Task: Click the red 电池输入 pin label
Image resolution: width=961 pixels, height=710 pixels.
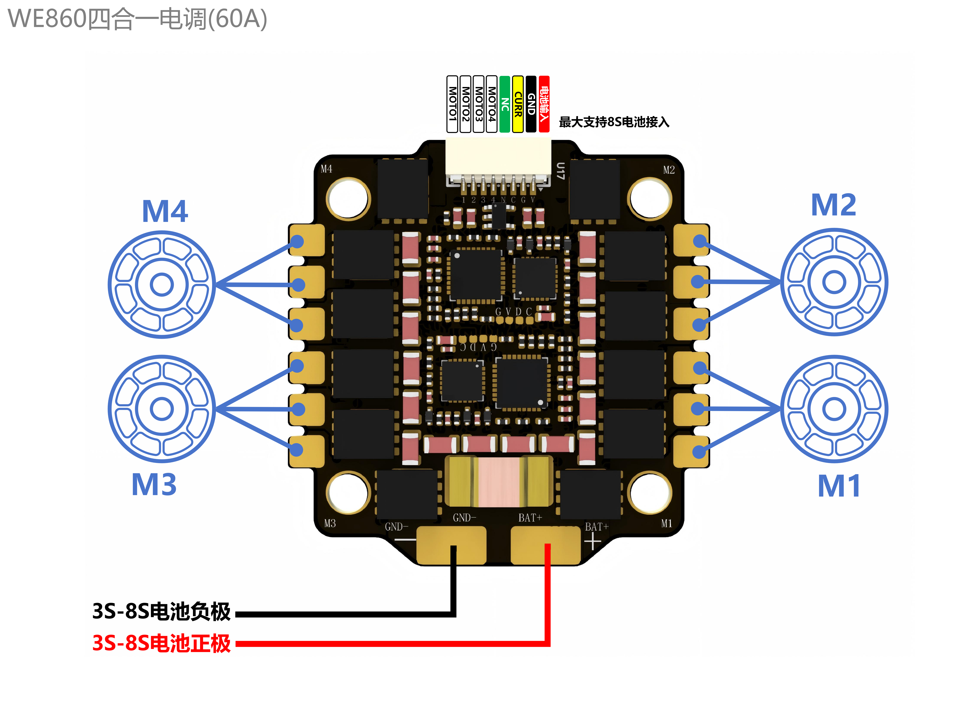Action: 544,104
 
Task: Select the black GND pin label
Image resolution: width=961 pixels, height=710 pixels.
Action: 531,104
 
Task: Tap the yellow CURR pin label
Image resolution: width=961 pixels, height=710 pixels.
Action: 518,104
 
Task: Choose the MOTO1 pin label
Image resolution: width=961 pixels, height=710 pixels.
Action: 452,104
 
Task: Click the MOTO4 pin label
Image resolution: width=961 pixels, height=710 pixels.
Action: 492,104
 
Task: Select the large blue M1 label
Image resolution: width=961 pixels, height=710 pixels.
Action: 839,486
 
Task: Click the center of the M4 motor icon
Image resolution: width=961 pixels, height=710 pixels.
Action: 162,284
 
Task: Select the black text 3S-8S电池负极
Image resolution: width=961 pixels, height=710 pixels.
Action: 161,611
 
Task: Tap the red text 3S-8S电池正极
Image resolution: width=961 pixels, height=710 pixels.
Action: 161,643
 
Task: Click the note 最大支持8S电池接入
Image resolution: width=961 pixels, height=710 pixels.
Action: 614,122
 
